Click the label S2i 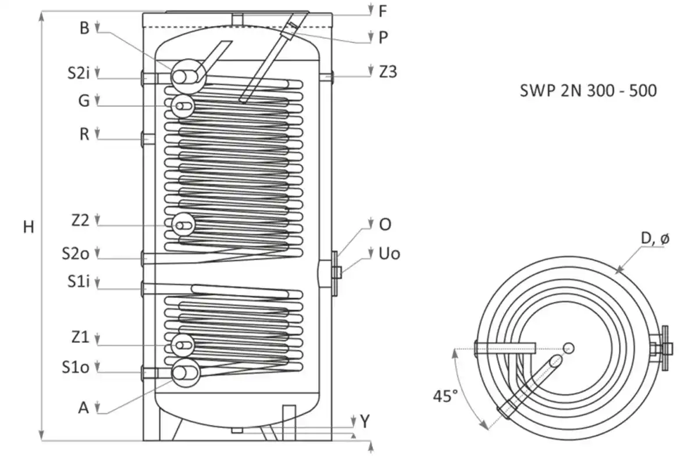coord(77,74)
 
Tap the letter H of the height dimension coord(29,227)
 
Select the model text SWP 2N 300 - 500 coord(587,91)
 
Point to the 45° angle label coord(445,396)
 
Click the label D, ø coord(654,238)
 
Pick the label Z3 coord(388,72)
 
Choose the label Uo coord(390,254)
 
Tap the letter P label coord(383,37)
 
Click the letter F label coord(383,10)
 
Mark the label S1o coord(76,368)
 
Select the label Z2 coord(80,220)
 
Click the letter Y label coord(364,422)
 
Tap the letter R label coord(84,135)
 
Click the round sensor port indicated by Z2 coord(184,224)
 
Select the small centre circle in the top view coord(569,348)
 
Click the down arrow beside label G coord(98,102)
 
